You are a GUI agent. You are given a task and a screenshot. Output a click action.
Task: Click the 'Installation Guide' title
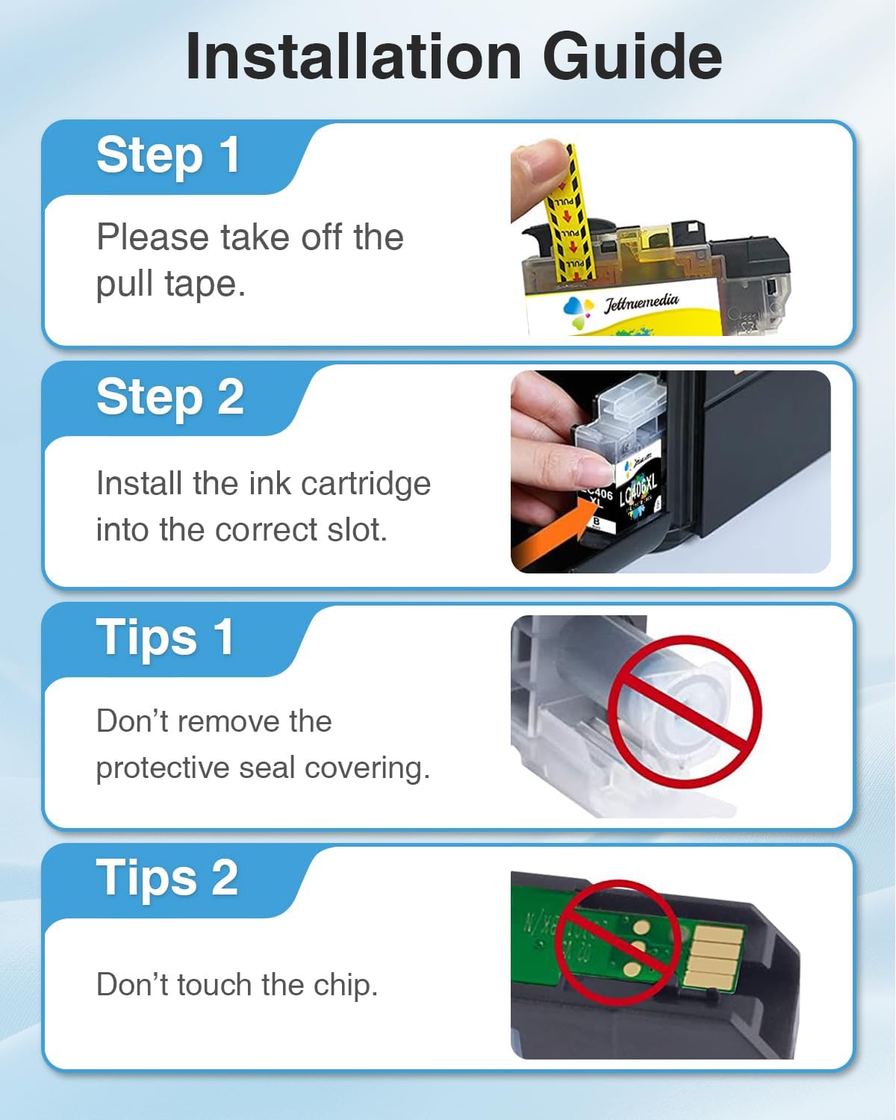tap(453, 57)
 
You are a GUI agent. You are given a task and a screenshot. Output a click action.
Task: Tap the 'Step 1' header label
tap(168, 155)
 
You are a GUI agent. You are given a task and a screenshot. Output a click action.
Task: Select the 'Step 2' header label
tap(169, 396)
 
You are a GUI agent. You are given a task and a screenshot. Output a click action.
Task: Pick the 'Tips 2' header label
tap(167, 878)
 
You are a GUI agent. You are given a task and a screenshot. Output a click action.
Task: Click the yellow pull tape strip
tap(571, 224)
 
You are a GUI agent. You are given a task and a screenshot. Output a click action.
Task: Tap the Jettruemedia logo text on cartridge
tap(641, 302)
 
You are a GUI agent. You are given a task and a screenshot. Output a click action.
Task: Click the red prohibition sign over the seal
tap(684, 711)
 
